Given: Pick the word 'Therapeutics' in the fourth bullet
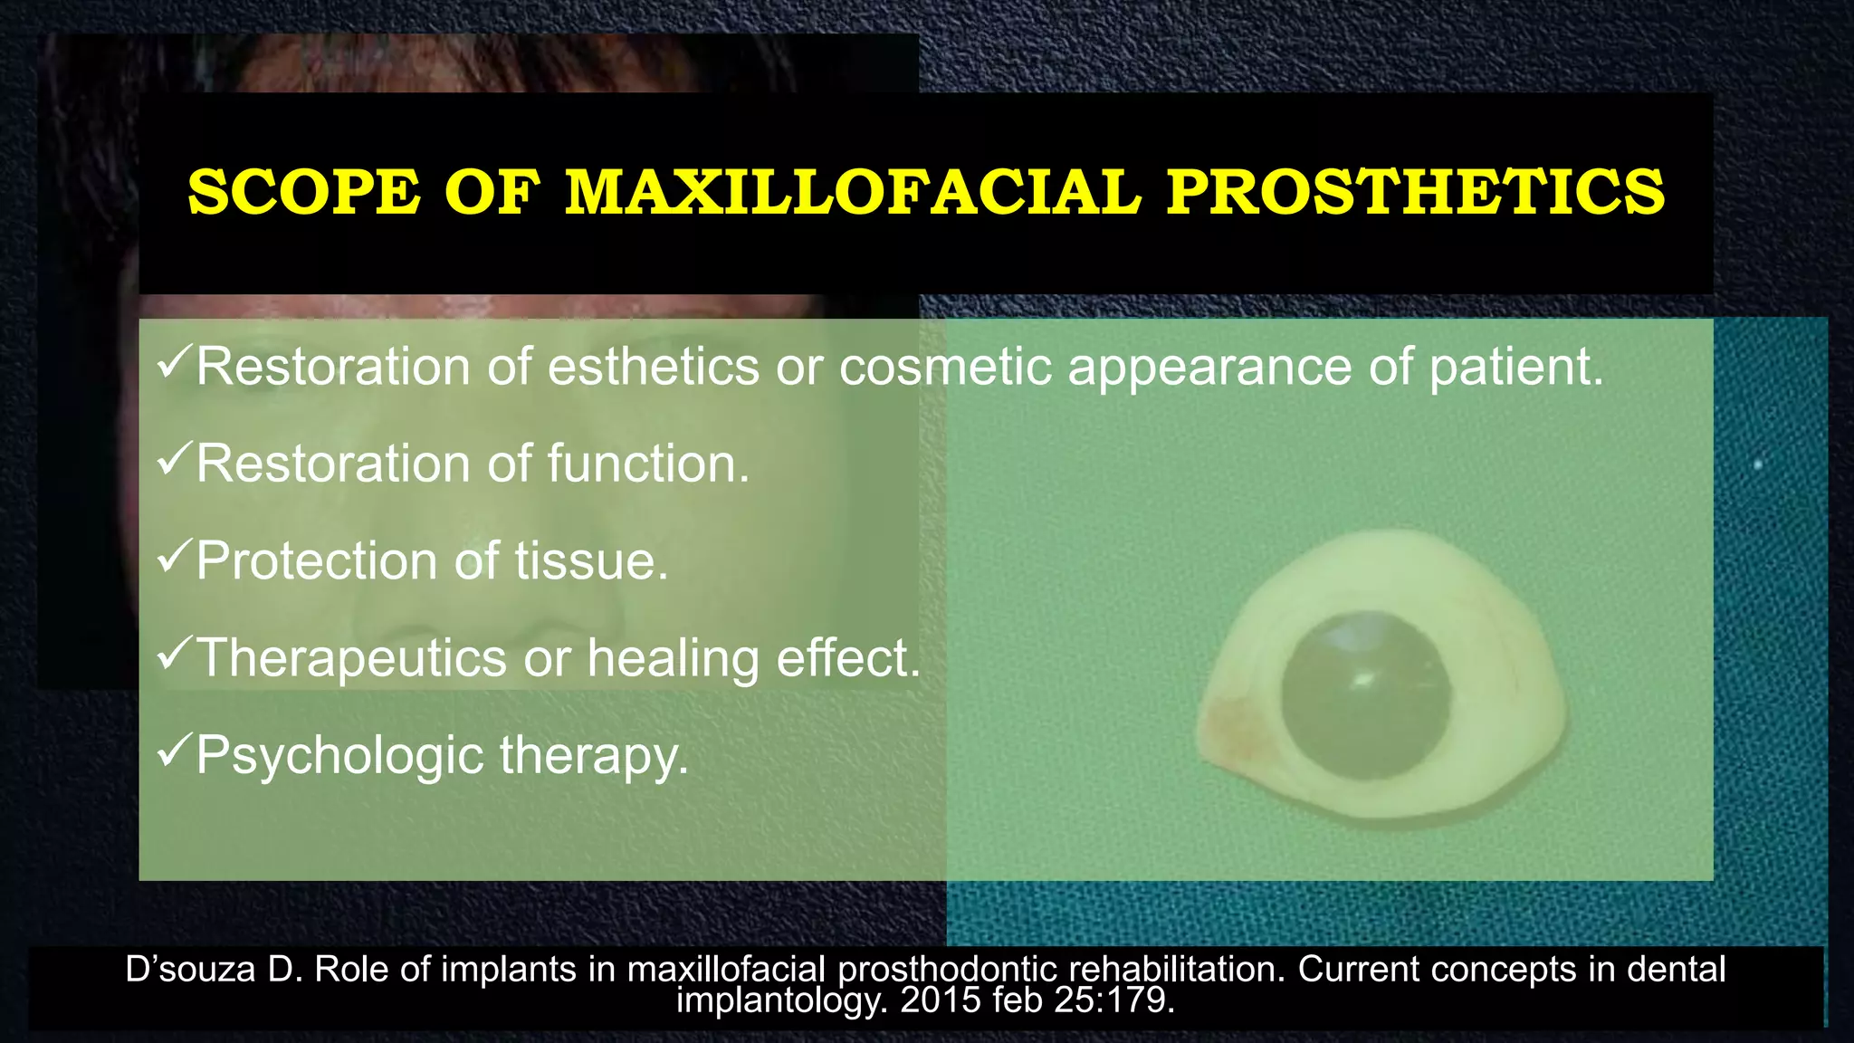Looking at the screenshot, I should (x=351, y=657).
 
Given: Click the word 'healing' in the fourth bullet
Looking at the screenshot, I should (x=673, y=657).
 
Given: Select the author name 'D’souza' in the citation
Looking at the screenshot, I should (x=190, y=970).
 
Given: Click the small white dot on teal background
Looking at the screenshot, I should (x=1758, y=464).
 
